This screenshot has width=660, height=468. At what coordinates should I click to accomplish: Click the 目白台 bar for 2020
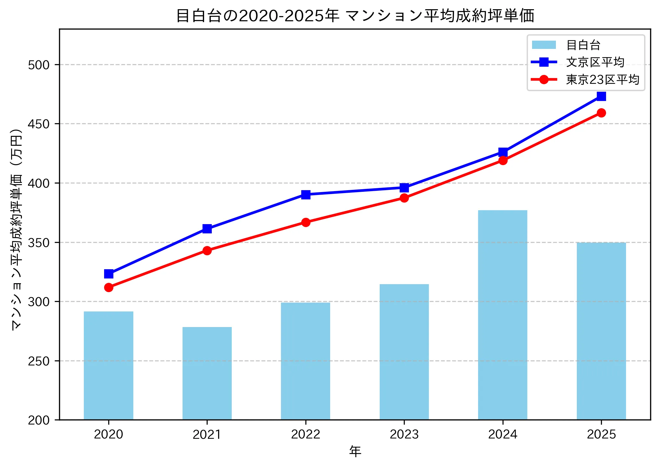pyautogui.click(x=109, y=365)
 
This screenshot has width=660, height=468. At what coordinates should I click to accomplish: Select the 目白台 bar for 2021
pyautogui.click(x=207, y=373)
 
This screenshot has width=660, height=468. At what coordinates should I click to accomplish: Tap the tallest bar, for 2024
pyautogui.click(x=503, y=314)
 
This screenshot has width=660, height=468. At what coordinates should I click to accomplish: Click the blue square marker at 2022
pyautogui.click(x=306, y=195)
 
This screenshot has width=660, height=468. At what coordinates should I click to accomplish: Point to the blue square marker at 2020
pyautogui.click(x=109, y=274)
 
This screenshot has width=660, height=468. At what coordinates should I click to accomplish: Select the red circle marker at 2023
pyautogui.click(x=404, y=198)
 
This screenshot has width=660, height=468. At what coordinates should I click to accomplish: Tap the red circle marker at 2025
pyautogui.click(x=601, y=113)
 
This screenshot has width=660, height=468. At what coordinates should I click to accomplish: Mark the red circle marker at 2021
pyautogui.click(x=207, y=251)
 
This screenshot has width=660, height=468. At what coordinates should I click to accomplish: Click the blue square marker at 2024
pyautogui.click(x=503, y=152)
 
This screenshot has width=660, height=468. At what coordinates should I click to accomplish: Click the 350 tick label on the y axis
pyautogui.click(x=39, y=243)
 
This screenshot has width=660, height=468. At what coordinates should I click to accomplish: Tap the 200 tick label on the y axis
pyautogui.click(x=39, y=420)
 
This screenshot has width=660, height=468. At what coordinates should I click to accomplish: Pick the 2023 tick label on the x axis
pyautogui.click(x=404, y=434)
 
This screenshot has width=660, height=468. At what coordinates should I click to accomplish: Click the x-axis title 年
pyautogui.click(x=355, y=451)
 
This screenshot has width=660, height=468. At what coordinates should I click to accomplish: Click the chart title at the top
pyautogui.click(x=355, y=15)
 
